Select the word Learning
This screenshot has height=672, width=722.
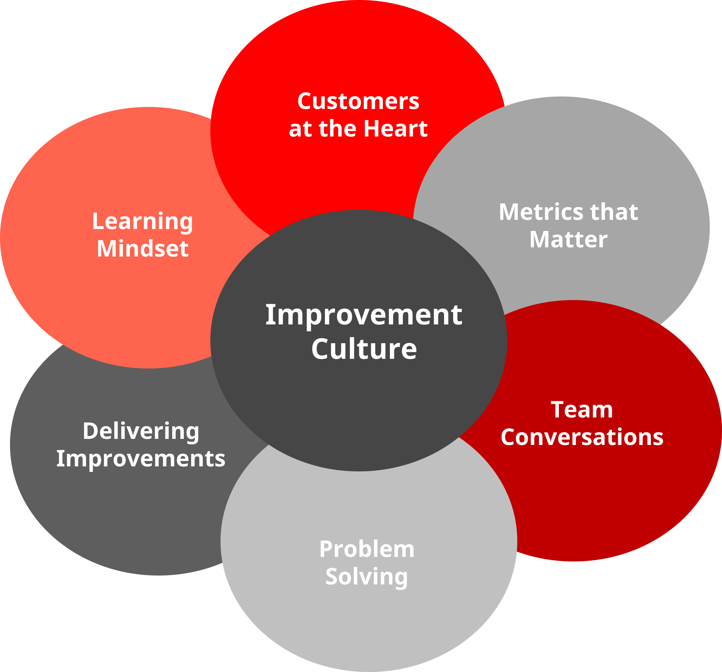coord(142,222)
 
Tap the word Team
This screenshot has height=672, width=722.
coord(582,410)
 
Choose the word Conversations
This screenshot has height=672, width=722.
coord(582,437)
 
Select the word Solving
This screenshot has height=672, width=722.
coord(367,577)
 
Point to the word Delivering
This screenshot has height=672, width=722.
coord(141,431)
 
